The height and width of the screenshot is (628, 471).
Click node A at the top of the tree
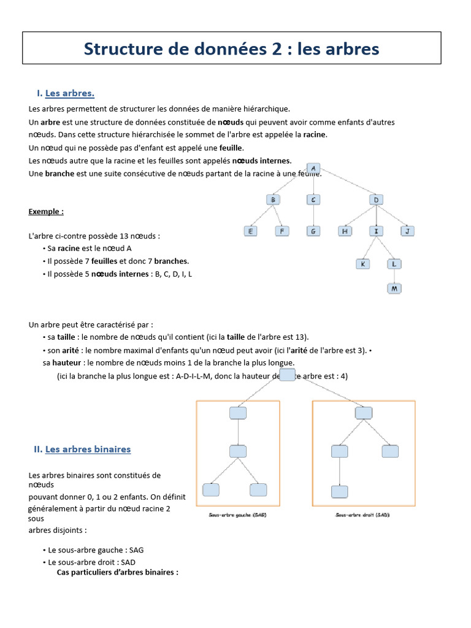(313, 168)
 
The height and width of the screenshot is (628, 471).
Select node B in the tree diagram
(274, 199)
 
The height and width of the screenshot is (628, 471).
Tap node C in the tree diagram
(313, 199)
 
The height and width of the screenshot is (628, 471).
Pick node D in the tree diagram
(376, 199)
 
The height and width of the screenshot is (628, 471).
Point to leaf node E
(250, 231)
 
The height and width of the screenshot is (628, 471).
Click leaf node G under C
(313, 231)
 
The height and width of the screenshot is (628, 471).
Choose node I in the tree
(376, 231)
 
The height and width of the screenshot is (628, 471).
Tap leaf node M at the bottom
(394, 288)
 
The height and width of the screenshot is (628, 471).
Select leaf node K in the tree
(363, 264)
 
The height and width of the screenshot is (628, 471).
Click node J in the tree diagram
(407, 231)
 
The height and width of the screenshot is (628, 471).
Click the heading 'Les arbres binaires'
(88, 449)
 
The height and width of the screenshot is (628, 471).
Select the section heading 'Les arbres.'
(70, 93)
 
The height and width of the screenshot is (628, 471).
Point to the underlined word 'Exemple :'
(46, 212)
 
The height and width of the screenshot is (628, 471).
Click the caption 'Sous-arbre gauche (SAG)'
(239, 515)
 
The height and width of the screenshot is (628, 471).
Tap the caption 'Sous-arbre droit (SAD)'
(363, 515)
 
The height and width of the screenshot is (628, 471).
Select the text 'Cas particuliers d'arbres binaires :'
(117, 572)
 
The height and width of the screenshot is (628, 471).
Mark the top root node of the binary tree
(287, 375)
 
